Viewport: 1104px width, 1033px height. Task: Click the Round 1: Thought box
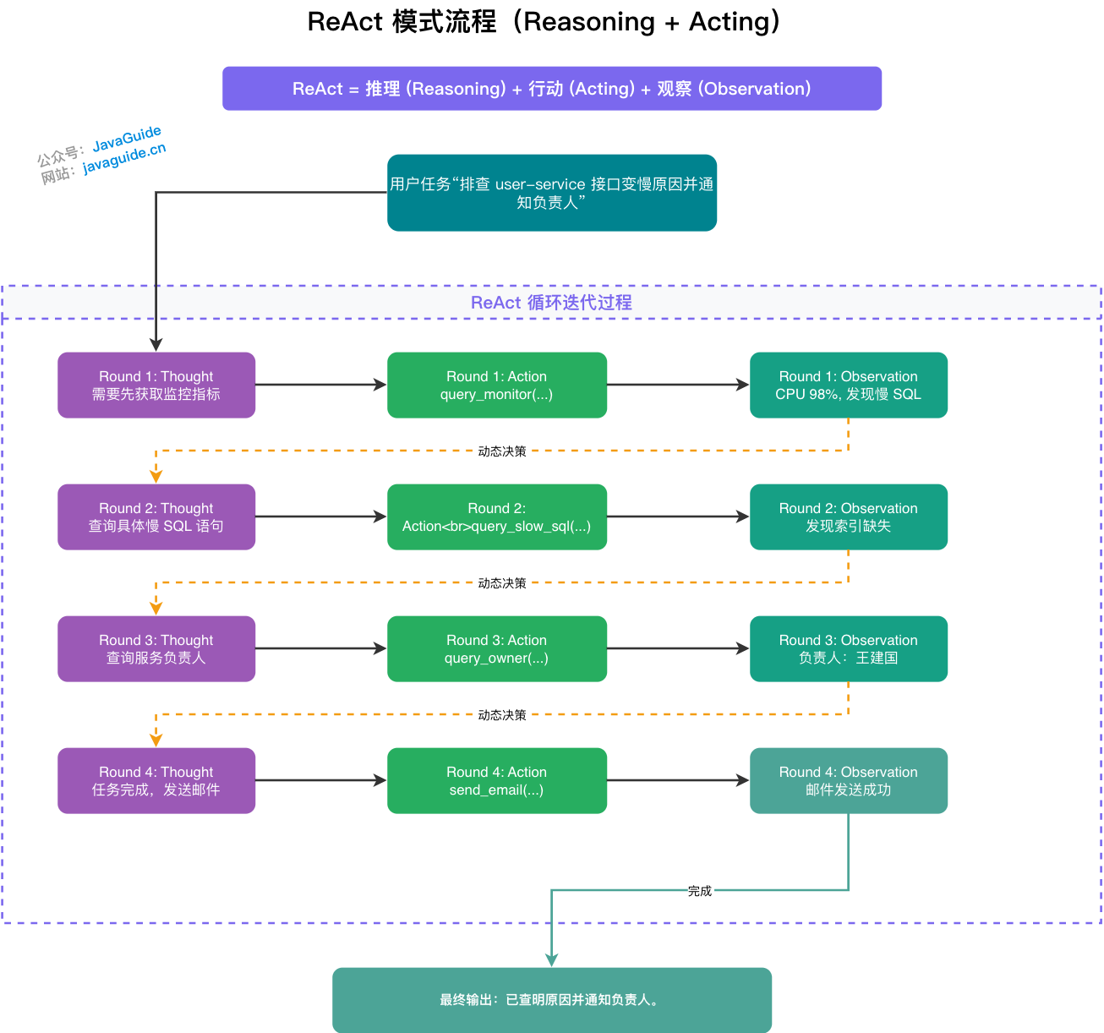156,385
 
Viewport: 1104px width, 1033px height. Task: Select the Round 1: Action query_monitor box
497,385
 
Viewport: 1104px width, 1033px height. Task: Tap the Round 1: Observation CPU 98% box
848,385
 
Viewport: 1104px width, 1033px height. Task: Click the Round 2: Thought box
156,516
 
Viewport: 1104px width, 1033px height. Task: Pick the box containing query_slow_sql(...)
497,516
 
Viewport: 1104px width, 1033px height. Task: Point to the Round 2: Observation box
848,516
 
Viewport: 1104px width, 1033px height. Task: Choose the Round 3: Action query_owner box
497,648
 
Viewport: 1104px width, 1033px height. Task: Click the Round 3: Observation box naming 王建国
848,648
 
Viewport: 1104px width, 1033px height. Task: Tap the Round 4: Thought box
156,780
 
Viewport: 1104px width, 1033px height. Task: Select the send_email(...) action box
497,780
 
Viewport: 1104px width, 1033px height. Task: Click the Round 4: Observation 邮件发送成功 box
848,780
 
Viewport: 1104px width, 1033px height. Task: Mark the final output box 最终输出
551,999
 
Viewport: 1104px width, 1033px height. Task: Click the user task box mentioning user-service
551,193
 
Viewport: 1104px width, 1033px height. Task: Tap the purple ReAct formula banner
551,89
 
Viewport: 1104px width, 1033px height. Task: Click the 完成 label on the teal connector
699,891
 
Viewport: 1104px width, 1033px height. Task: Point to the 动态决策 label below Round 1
502,451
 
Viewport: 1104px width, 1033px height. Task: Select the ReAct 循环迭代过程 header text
551,303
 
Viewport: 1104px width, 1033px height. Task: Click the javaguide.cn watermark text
124,159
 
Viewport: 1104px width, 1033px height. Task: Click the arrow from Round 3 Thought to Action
321,648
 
